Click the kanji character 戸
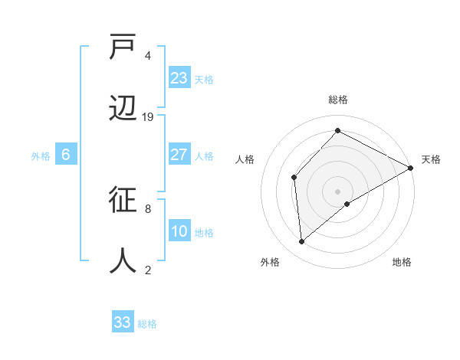pyautogui.click(x=123, y=48)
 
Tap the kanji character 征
pyautogui.click(x=123, y=201)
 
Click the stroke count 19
pyautogui.click(x=148, y=116)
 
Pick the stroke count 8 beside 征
pyautogui.click(x=148, y=208)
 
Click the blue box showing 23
pyautogui.click(x=179, y=78)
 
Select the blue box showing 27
pyautogui.click(x=179, y=155)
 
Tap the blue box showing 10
pyautogui.click(x=179, y=231)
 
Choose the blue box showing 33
pyautogui.click(x=123, y=322)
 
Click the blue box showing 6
pyautogui.click(x=66, y=155)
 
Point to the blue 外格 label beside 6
pyautogui.click(x=41, y=156)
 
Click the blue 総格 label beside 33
pyautogui.click(x=147, y=324)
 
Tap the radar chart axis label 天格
pyautogui.click(x=431, y=159)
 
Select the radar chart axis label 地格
pyautogui.click(x=402, y=262)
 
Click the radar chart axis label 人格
pyautogui.click(x=245, y=159)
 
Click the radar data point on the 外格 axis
pyautogui.click(x=302, y=242)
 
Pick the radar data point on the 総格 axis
pyautogui.click(x=337, y=131)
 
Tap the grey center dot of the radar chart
pyautogui.click(x=337, y=191)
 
